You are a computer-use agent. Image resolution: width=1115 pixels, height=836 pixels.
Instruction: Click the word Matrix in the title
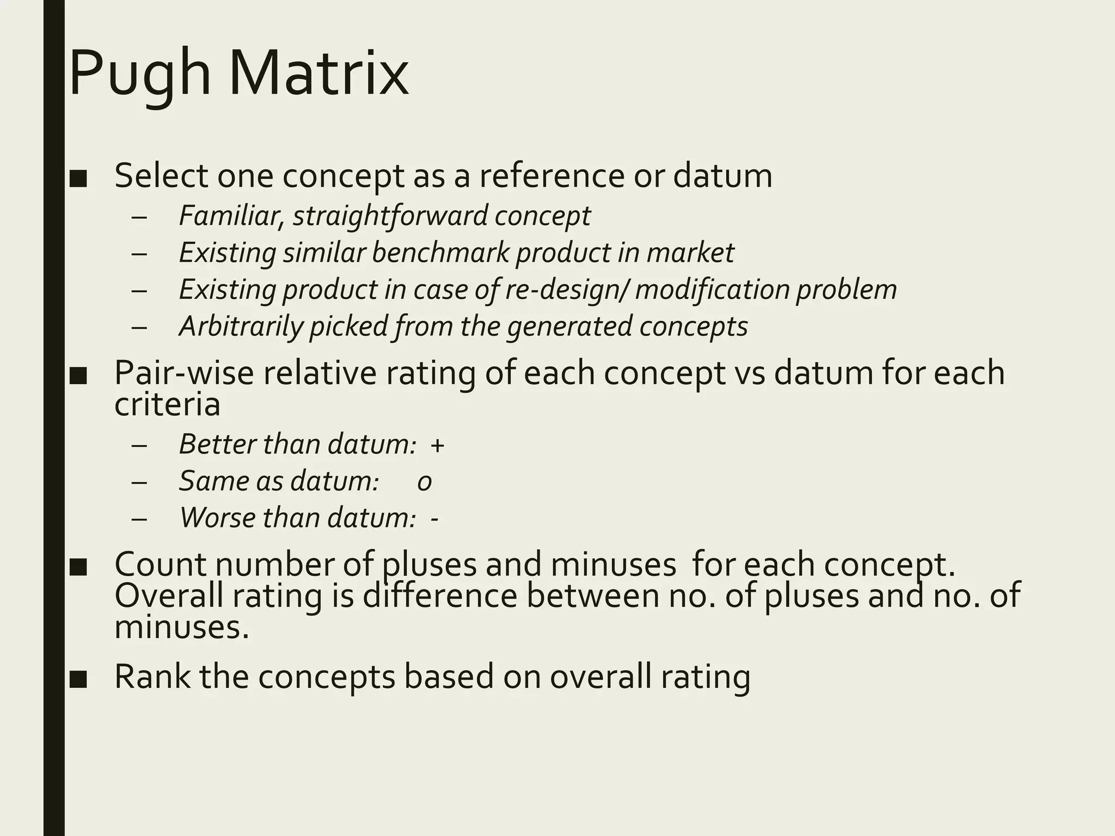[318, 73]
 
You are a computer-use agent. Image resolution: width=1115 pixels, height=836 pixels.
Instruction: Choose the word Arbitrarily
[240, 327]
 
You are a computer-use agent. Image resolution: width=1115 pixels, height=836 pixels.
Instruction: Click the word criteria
[167, 405]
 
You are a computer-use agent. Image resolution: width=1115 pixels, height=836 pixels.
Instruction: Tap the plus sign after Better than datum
[437, 445]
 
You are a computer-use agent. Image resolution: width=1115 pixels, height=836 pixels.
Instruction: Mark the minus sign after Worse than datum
[434, 518]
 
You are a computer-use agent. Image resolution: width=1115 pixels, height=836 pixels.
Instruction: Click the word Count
[161, 564]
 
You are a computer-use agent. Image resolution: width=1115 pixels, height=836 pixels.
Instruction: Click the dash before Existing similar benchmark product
[139, 254]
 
